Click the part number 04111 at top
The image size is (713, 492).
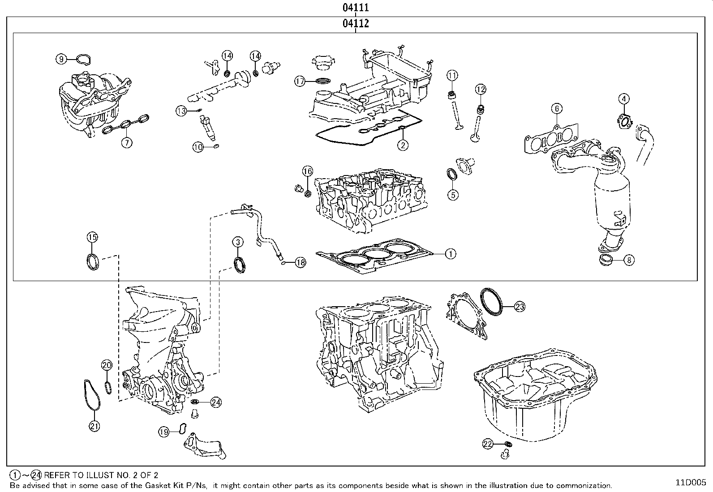356,7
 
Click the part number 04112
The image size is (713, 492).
356,23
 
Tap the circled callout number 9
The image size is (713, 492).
61,59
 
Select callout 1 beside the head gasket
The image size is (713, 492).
450,254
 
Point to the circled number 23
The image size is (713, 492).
519,307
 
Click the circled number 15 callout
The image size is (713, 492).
92,237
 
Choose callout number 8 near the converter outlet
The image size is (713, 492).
629,260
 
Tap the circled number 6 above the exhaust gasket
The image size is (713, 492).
557,108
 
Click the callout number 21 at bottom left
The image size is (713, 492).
94,426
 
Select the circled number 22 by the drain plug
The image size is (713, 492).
488,444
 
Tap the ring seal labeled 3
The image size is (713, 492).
241,265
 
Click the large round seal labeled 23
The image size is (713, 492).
492,302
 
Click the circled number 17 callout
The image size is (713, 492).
300,81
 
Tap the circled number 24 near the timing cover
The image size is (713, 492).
216,402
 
